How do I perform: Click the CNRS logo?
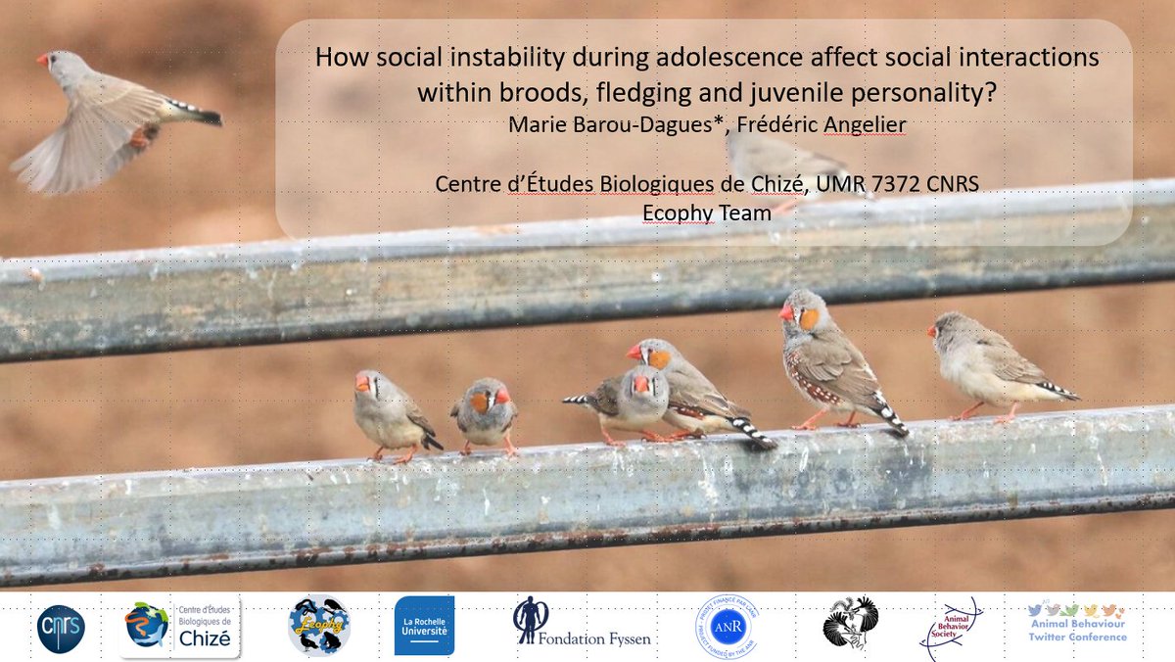click(61, 629)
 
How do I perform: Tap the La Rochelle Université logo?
click(424, 626)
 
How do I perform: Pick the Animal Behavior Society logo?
click(949, 628)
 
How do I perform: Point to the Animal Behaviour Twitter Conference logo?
click(1076, 623)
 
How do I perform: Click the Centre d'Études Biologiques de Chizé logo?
click(180, 629)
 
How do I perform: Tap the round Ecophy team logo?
click(319, 626)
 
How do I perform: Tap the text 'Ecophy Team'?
click(706, 211)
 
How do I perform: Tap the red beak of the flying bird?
click(43, 60)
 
